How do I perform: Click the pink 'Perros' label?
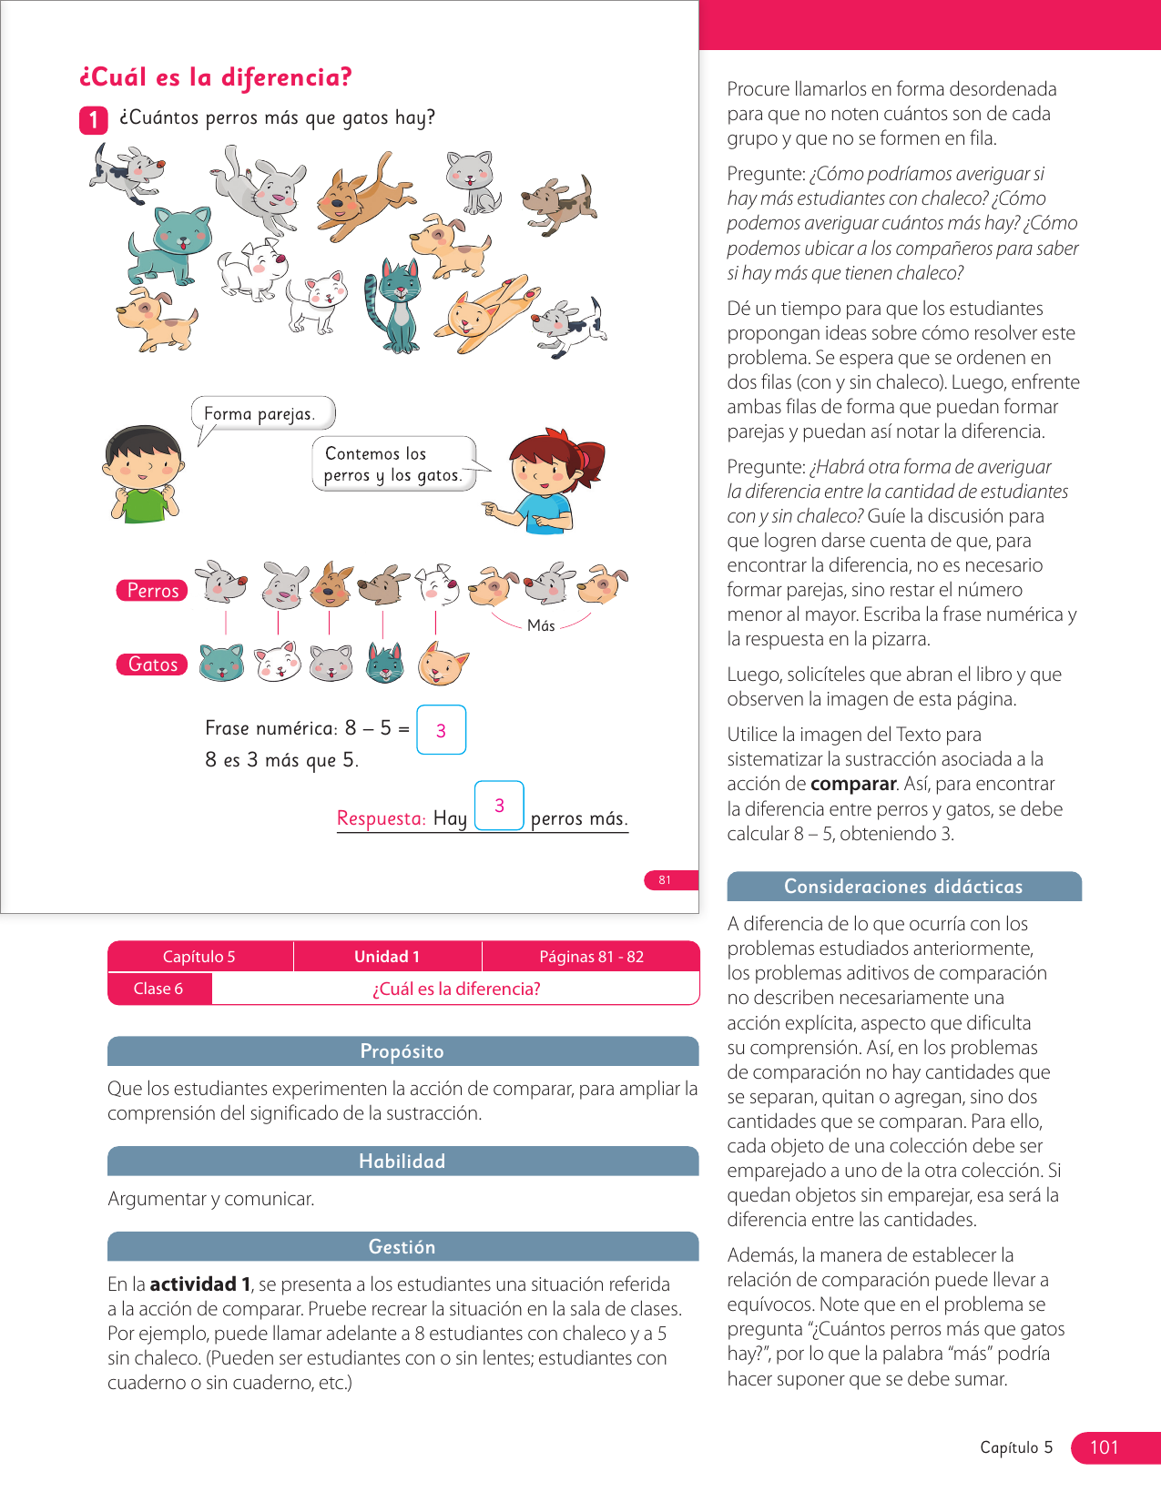[x=152, y=591]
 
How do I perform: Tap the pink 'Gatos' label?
[x=152, y=665]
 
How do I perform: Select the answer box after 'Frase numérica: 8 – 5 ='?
[x=442, y=730]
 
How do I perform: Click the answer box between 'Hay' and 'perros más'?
[x=499, y=806]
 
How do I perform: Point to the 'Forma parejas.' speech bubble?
[x=262, y=413]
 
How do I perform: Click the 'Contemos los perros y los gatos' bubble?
[x=393, y=464]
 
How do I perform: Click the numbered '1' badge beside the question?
[x=94, y=120]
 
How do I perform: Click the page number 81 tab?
[x=666, y=880]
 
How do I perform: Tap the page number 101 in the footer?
[x=1105, y=1447]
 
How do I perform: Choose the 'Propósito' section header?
[x=402, y=1051]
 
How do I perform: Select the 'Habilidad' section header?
[x=402, y=1162]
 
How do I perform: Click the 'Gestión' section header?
[x=402, y=1247]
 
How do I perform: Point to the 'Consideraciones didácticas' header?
[x=903, y=887]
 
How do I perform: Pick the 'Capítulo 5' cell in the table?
[x=199, y=957]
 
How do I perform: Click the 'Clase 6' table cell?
[x=158, y=989]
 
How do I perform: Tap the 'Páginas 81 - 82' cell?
[x=591, y=957]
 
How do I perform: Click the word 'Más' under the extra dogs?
[x=541, y=626]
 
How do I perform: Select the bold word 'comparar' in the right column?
[x=853, y=784]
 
